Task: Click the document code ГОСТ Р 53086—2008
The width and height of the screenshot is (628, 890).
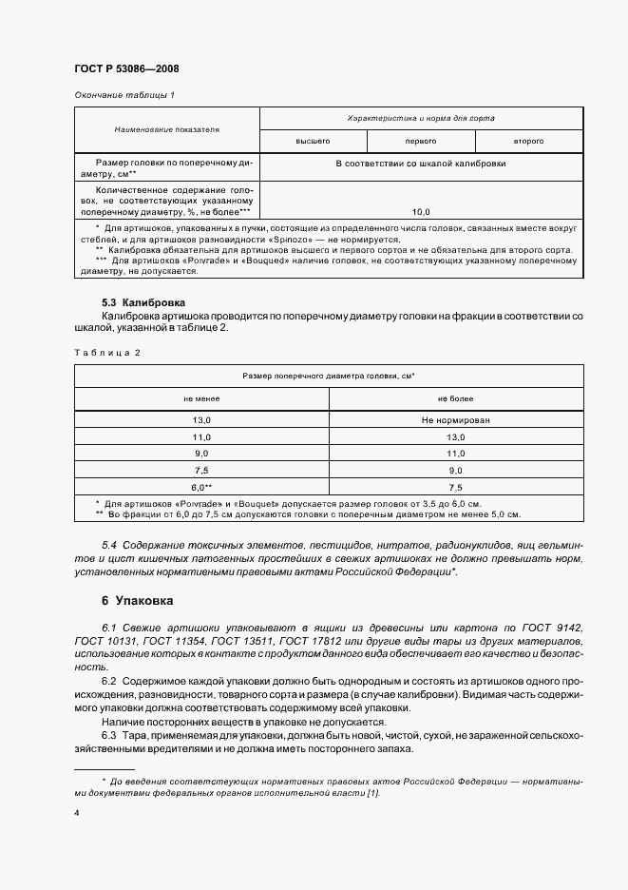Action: coord(126,68)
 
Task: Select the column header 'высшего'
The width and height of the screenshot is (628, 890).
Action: coord(313,141)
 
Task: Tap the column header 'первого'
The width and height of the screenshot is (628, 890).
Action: coord(421,141)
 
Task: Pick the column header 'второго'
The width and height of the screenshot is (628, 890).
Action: coord(528,141)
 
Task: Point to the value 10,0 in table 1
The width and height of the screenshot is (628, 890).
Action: coord(421,211)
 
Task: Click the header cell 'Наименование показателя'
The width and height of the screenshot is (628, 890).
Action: coord(166,129)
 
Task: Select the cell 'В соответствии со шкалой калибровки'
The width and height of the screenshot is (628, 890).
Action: coord(421,164)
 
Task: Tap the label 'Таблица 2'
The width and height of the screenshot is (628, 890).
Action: coord(106,353)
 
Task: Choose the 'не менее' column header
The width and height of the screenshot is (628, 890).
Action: coord(201,398)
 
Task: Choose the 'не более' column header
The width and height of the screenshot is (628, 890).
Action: coord(456,398)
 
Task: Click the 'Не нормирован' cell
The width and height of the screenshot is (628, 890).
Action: coord(456,419)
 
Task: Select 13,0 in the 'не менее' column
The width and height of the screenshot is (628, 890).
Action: coord(201,419)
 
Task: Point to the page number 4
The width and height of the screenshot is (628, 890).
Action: coord(77,813)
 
